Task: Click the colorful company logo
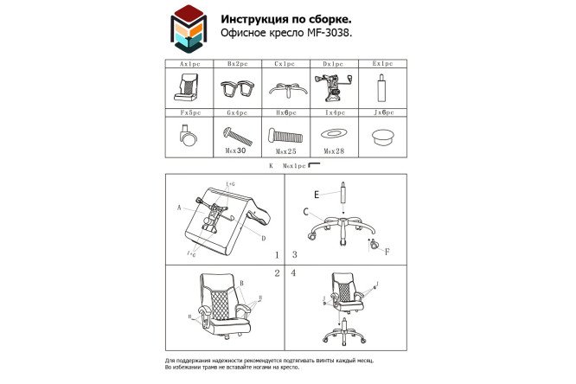188,28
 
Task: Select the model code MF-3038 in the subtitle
333,35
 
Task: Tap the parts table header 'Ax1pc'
189,64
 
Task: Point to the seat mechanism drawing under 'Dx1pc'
333,87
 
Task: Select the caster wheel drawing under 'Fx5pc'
189,135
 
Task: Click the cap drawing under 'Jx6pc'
381,135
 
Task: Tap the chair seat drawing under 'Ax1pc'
189,87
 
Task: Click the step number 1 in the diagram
277,255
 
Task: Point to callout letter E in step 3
317,194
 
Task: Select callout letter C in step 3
305,211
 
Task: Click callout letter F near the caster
387,252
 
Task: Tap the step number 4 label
294,273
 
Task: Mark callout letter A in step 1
179,208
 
